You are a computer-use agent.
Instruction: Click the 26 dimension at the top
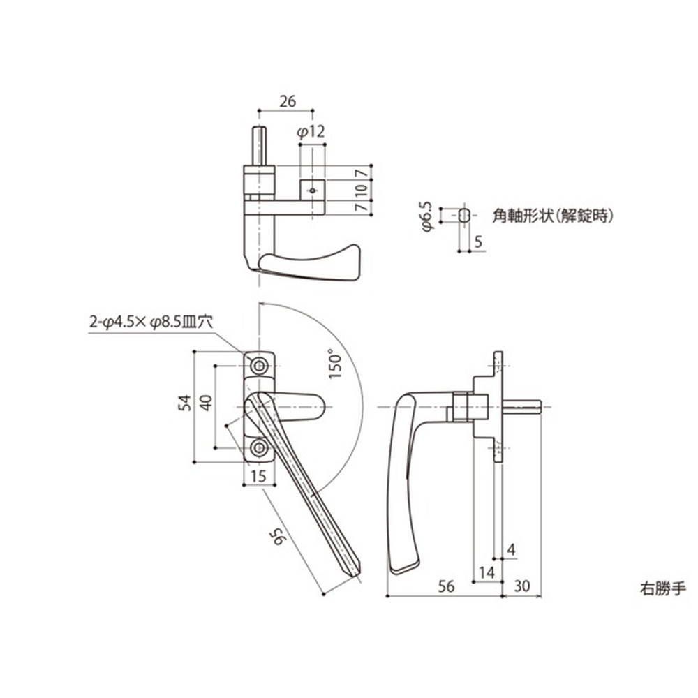coord(287,101)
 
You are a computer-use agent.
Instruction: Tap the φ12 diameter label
coord(311,132)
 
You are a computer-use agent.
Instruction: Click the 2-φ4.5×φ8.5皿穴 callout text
coord(150,322)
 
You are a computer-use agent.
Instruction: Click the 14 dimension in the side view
coord(487,572)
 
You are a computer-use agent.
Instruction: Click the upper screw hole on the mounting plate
coord(260,366)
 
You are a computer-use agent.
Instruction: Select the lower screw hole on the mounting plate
coord(260,447)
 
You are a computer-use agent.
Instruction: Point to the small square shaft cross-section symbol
coord(464,216)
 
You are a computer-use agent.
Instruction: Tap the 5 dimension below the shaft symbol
coord(477,242)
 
